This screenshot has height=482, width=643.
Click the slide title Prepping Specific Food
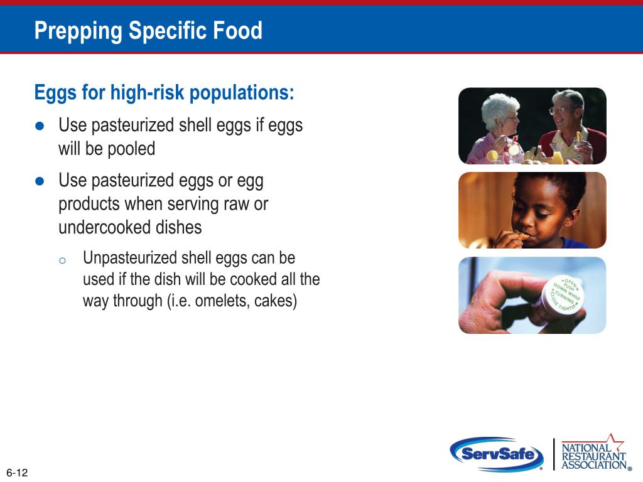click(148, 30)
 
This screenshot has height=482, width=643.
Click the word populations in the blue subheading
click(242, 93)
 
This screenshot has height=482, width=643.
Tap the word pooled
click(131, 149)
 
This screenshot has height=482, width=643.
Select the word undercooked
click(104, 227)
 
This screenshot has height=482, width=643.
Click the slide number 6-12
click(17, 473)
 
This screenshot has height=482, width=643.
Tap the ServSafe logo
click(497, 454)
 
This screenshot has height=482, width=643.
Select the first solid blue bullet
click(40, 126)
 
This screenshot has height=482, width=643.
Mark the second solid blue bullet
click(40, 181)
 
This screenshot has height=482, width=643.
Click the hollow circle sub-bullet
click(62, 260)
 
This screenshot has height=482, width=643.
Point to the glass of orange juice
click(557, 154)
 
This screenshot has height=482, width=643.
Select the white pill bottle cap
click(563, 295)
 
